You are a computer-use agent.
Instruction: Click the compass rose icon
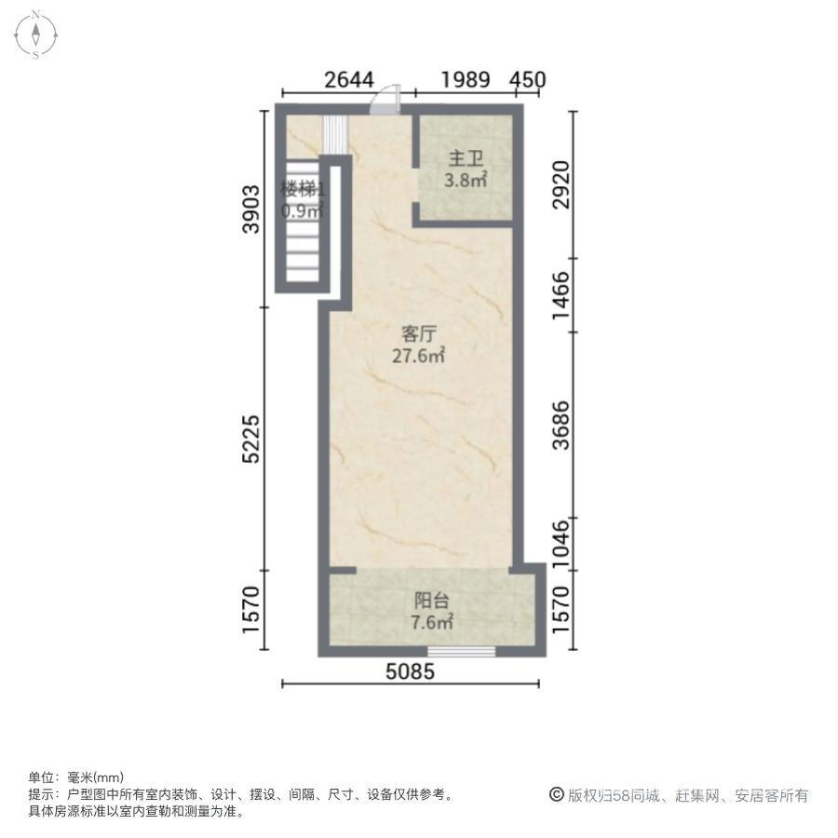pos(35,34)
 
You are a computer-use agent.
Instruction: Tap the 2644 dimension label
pos(349,80)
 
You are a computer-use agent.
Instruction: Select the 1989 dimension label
pos(465,80)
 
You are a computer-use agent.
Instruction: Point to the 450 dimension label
pos(528,80)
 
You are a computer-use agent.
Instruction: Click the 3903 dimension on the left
pos(250,209)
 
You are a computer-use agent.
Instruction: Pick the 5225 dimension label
pos(250,439)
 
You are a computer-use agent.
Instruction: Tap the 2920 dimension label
pos(561,185)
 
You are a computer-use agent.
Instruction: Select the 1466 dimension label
pos(561,295)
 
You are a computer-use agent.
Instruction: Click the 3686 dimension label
pos(561,426)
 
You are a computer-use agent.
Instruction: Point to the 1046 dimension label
pos(561,544)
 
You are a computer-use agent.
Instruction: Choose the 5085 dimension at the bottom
pos(411,671)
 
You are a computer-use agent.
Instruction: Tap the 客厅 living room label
pos(418,334)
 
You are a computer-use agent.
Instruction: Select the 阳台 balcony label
pos(431,601)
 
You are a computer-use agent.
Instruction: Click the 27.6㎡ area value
pos(418,356)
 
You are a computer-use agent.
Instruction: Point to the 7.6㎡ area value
pos(432,622)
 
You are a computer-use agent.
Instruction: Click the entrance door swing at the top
pos(385,100)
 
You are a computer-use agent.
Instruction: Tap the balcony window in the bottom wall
pos(461,652)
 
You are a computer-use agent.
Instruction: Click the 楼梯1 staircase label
pos(303,189)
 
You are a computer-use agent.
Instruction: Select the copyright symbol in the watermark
pos(557,795)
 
